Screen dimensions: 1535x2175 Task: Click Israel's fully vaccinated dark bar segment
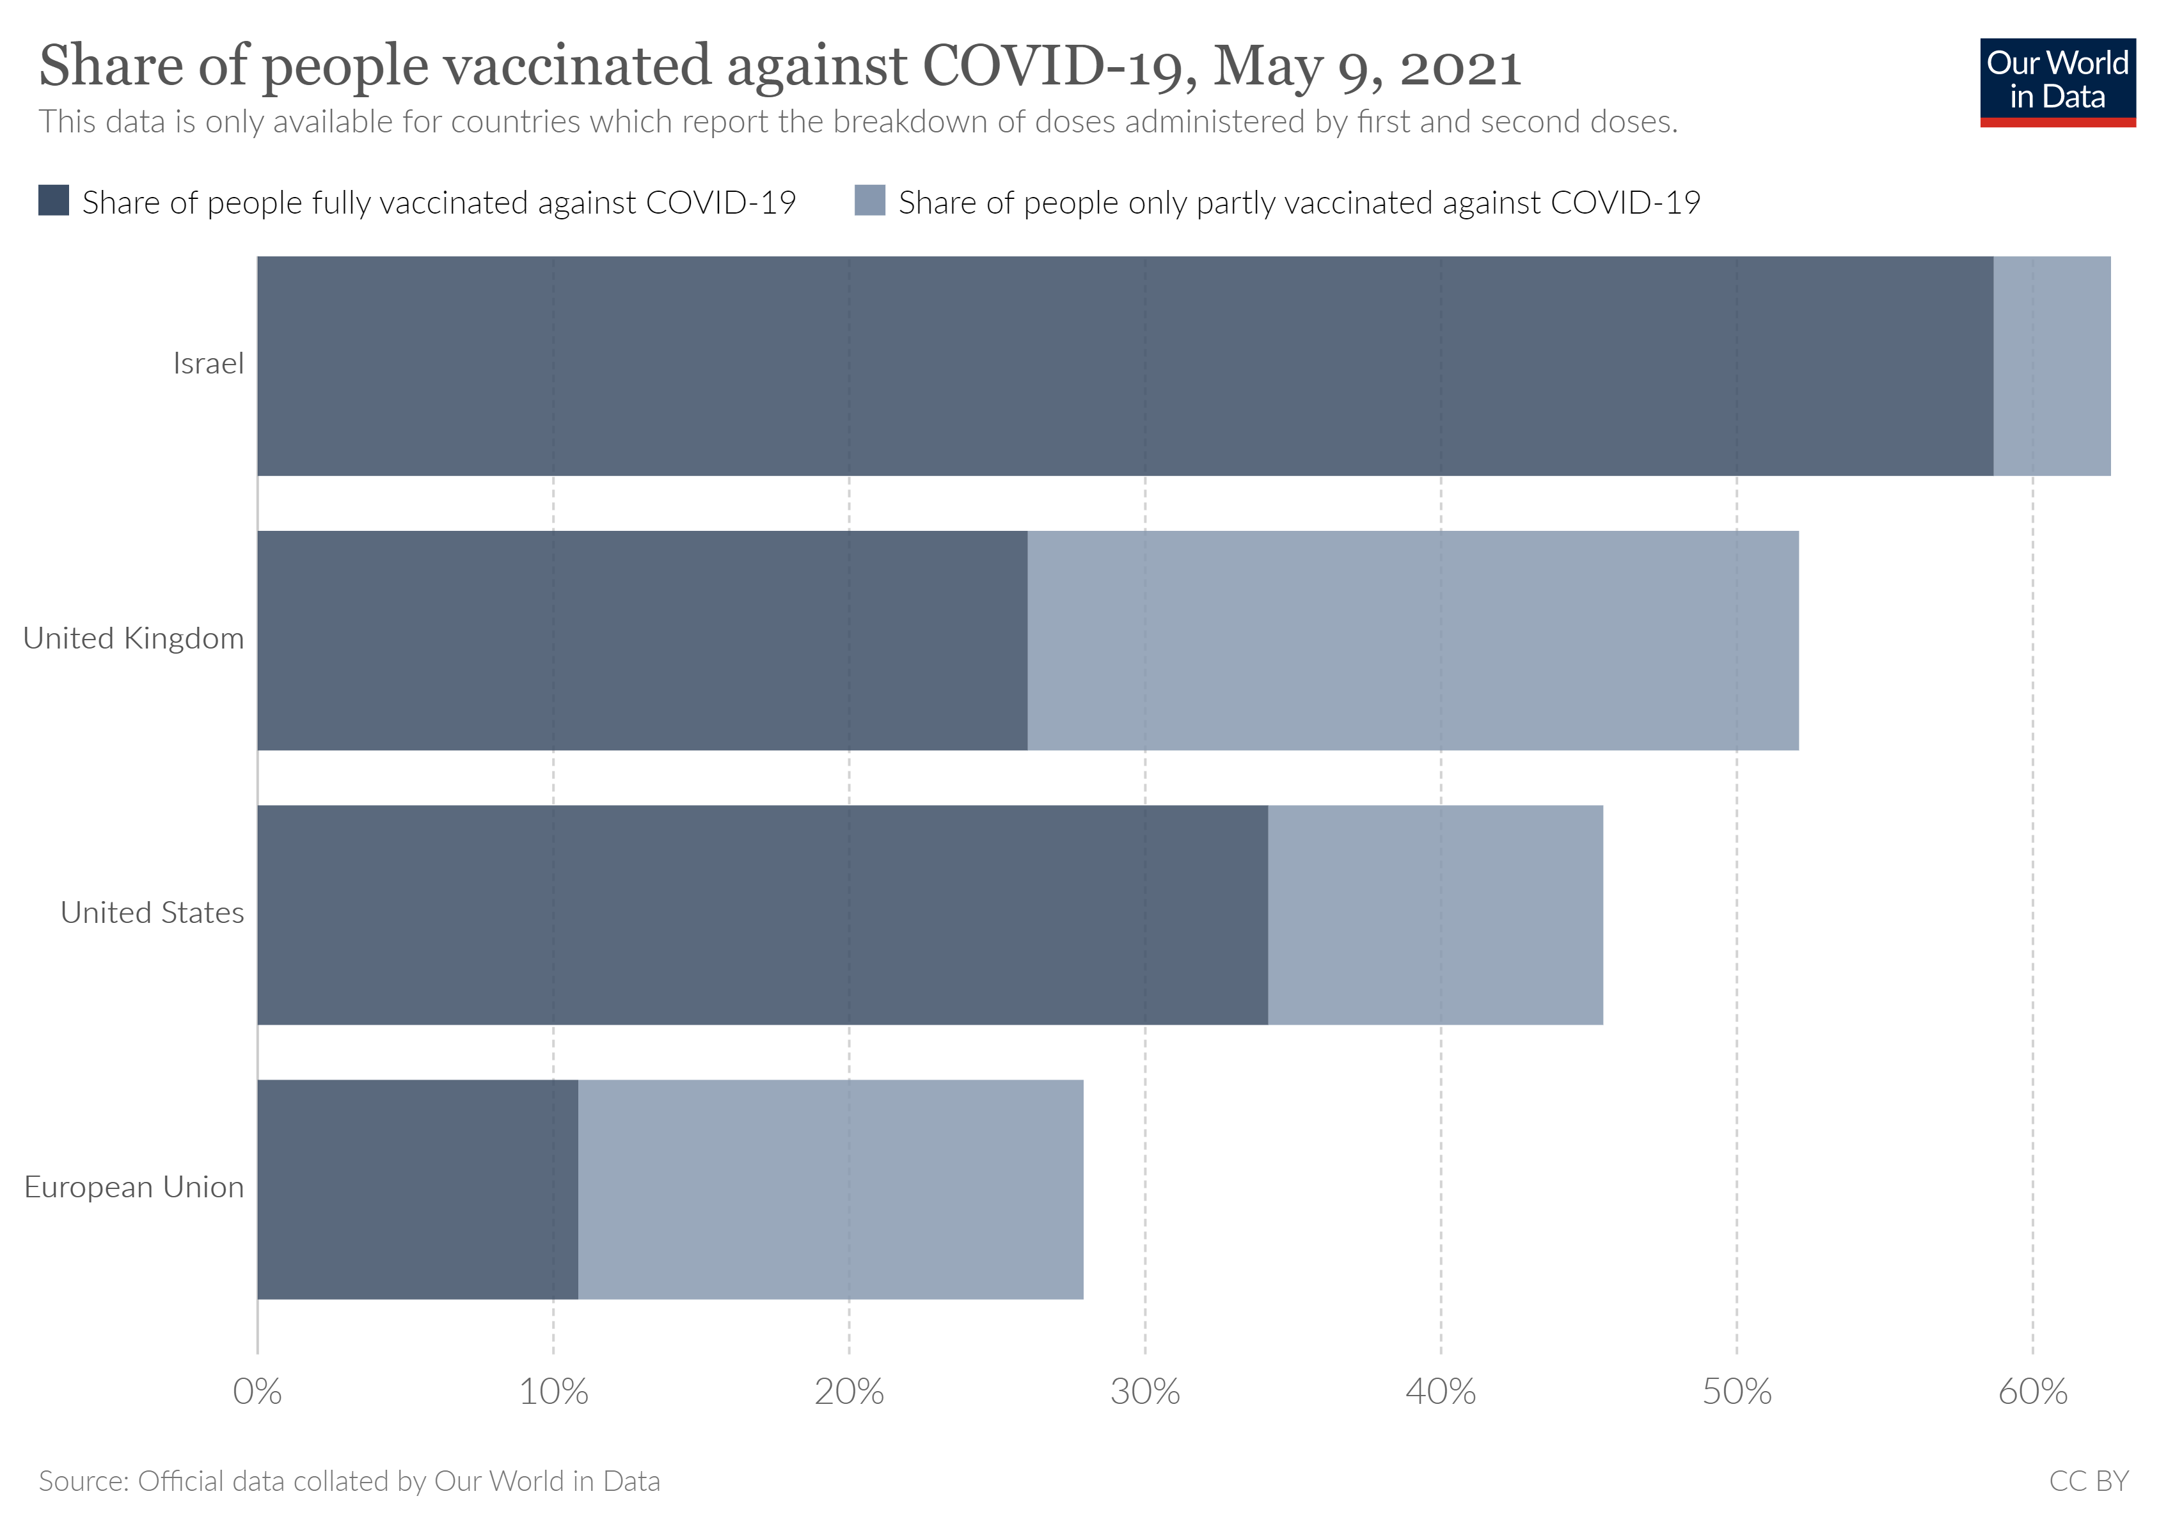point(1125,365)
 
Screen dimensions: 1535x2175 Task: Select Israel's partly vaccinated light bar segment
point(2051,365)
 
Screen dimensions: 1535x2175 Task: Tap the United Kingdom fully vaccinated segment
point(642,640)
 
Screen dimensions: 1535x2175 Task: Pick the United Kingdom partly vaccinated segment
point(1412,640)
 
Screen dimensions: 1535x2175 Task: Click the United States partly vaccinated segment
point(1435,915)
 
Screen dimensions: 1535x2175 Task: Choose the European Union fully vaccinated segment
point(417,1190)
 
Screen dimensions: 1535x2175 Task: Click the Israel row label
point(207,364)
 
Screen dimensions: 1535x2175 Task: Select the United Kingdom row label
point(134,638)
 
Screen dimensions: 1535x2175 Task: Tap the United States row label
point(152,913)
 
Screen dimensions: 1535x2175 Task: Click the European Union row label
point(134,1188)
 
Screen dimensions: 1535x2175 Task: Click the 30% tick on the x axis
point(1144,1392)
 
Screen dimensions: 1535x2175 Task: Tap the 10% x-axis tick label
point(553,1392)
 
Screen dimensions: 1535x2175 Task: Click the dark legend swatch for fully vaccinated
point(53,201)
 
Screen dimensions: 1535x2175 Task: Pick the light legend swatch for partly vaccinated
point(869,201)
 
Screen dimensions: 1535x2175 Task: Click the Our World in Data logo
point(2057,81)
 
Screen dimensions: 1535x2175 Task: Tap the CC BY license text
point(2088,1481)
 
